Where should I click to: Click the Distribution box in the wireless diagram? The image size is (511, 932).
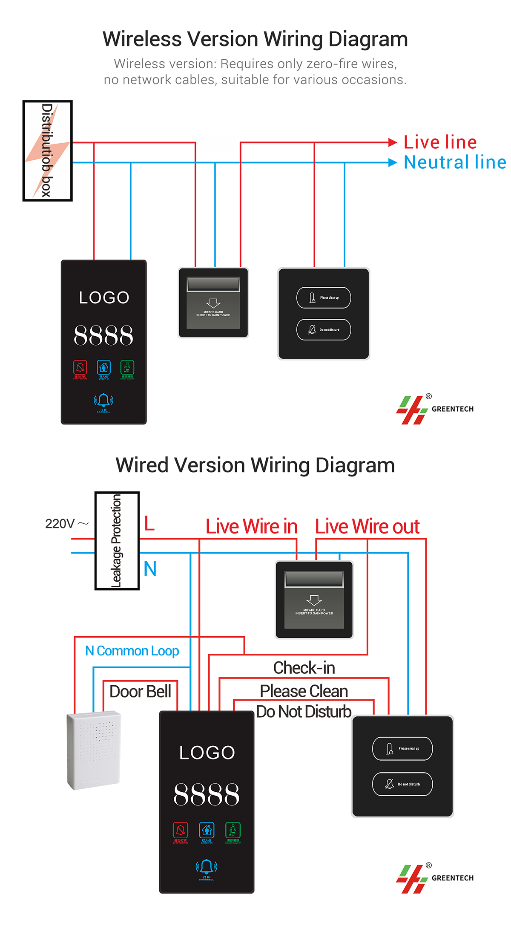pos(47,150)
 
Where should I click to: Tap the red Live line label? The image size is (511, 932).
pos(440,142)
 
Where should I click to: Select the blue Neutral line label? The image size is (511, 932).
pos(455,162)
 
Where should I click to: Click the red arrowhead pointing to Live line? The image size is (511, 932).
pos(393,143)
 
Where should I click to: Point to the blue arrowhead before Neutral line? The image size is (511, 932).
pos(393,162)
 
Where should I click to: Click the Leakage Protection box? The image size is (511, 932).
pos(117,541)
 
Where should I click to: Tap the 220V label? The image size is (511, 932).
pos(60,524)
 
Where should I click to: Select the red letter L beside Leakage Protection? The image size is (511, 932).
pos(149,523)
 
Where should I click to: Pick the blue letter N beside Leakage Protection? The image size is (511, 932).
pos(150,568)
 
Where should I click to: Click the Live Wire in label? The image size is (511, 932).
pos(251,527)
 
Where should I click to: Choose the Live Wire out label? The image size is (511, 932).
pos(367,527)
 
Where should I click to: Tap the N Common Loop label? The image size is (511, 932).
pos(132,651)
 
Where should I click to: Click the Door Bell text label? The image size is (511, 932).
pos(140,691)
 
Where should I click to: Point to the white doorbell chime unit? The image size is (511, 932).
pos(94,750)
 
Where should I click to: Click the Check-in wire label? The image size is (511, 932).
pos(304,668)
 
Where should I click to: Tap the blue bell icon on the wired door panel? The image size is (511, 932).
pos(207,867)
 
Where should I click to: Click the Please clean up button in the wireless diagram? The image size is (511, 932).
pos(324,297)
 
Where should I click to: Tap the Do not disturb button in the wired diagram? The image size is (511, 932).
pos(402,784)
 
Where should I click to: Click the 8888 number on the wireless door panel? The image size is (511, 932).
pos(103,335)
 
